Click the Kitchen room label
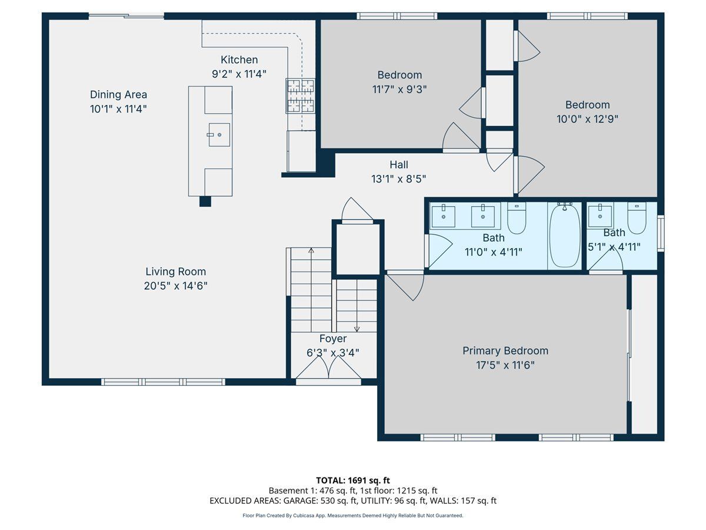click(239, 60)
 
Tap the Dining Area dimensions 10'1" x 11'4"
click(118, 109)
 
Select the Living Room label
click(175, 271)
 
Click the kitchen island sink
click(219, 135)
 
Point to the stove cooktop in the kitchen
click(301, 96)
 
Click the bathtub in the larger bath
click(564, 236)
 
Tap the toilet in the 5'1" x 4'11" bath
click(637, 217)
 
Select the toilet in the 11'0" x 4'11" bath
click(517, 217)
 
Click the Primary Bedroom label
click(505, 351)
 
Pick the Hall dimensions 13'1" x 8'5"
click(398, 179)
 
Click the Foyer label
click(333, 339)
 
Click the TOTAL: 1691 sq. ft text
click(353, 481)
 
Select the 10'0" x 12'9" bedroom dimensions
click(587, 120)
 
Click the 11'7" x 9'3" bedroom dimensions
click(399, 89)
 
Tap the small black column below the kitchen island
click(205, 201)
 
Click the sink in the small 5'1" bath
click(600, 216)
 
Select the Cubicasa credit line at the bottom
click(353, 515)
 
